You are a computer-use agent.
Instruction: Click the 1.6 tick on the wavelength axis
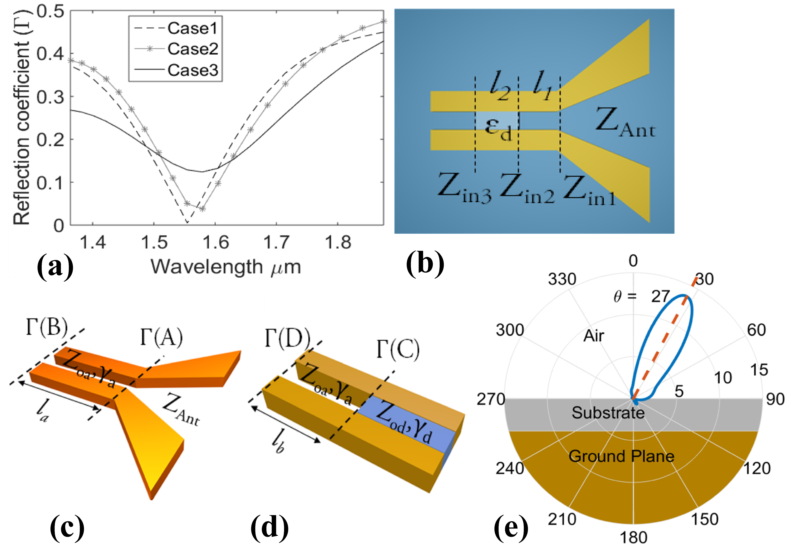tap(216, 242)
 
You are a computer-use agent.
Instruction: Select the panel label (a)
tap(55, 266)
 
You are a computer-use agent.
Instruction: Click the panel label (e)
tap(511, 527)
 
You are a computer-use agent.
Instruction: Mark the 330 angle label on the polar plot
tap(562, 279)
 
